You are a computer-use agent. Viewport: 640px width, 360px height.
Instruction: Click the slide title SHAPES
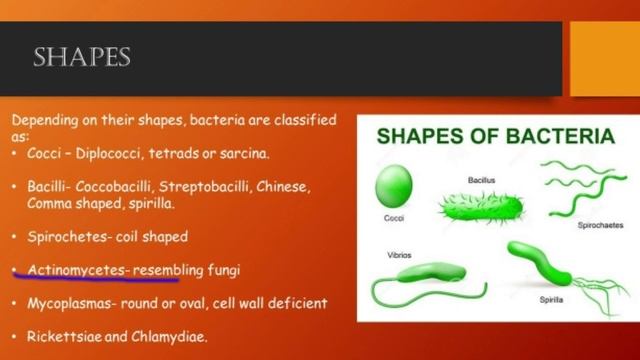click(x=82, y=57)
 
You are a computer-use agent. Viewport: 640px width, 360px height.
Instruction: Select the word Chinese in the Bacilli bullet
click(x=285, y=187)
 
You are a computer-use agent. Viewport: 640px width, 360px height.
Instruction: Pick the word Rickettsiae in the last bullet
click(x=63, y=336)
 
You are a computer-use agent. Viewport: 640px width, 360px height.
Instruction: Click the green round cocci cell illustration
click(x=393, y=187)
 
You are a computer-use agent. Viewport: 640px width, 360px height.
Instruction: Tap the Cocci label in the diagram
click(x=393, y=218)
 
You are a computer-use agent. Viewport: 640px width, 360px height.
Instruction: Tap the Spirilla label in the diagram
click(x=551, y=298)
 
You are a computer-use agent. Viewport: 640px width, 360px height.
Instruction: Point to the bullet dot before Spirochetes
click(x=15, y=238)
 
